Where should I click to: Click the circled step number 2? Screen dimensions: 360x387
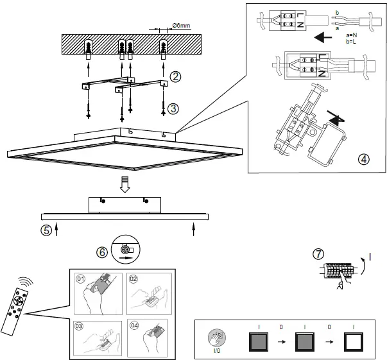(x=175, y=77)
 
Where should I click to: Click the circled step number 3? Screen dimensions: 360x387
(x=174, y=108)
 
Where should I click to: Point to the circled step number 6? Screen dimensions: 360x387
(x=101, y=252)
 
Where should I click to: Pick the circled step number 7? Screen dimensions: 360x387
(x=318, y=254)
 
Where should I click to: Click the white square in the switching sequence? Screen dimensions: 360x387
(x=353, y=340)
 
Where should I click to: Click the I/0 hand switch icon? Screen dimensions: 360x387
(x=218, y=338)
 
